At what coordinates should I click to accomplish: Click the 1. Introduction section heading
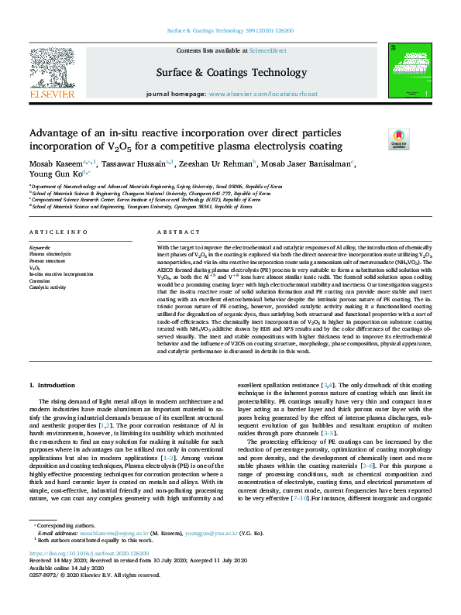point(52,385)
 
